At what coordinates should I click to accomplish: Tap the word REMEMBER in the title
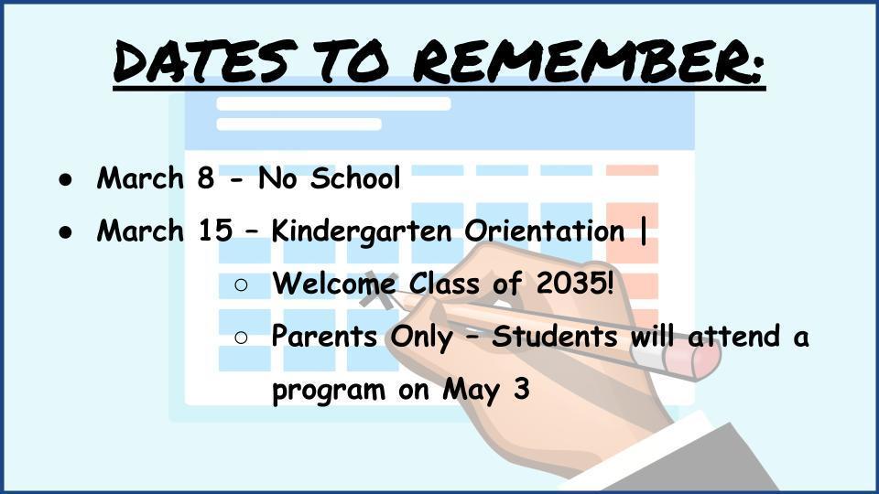point(589,60)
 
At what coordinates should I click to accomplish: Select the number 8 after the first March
point(206,178)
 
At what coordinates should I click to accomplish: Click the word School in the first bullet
point(355,178)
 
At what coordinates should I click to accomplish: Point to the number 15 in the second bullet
point(215,231)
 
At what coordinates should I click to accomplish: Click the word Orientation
point(544,231)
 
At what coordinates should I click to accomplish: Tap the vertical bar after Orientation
point(643,231)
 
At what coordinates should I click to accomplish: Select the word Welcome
point(334,283)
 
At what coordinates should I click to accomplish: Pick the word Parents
point(324,336)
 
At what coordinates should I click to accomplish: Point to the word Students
point(555,336)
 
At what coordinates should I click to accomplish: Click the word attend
point(733,336)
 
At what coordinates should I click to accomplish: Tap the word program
point(329,391)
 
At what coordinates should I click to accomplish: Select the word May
point(471,390)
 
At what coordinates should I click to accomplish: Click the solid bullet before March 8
point(66,179)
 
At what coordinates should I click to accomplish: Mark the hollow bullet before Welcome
point(241,285)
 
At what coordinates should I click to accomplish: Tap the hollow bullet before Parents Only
point(241,338)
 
